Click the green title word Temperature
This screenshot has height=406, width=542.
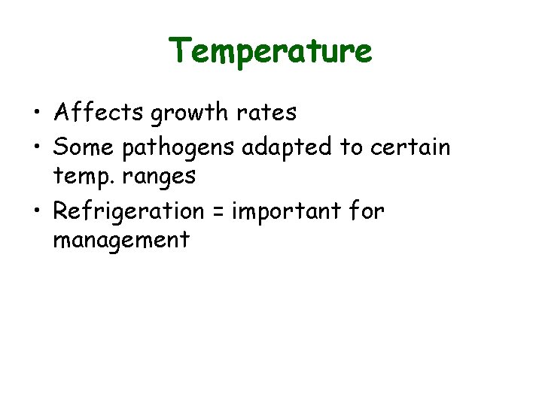270,51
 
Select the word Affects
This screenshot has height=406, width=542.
99,113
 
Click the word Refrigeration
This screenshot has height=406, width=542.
128,212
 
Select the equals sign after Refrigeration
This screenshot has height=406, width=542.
218,212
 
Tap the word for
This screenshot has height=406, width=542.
367,211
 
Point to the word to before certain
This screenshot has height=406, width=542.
352,147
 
